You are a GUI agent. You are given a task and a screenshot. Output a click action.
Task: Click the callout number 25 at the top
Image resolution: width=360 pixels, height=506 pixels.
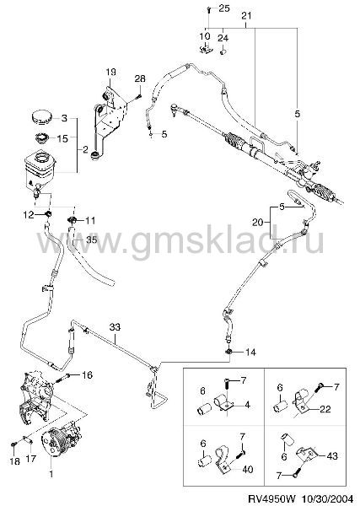tap(224, 8)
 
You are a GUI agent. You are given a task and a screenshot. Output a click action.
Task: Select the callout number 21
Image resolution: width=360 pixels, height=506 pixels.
tap(246, 15)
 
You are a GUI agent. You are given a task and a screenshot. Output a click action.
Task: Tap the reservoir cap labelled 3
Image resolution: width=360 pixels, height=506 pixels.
tap(41, 117)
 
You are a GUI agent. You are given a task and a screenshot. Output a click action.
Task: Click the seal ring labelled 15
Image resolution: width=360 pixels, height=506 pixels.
tap(41, 139)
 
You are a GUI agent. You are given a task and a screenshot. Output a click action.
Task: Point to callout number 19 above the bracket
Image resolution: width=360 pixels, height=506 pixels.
tap(110, 72)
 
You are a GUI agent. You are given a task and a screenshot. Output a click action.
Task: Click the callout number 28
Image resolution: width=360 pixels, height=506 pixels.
tap(140, 78)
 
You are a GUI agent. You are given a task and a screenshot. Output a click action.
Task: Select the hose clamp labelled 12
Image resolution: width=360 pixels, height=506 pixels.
tap(48, 213)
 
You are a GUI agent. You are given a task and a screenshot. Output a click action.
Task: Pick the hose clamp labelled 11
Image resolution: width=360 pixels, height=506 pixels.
tap(72, 220)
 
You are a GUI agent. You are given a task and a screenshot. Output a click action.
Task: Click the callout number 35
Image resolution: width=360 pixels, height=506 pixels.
tap(91, 240)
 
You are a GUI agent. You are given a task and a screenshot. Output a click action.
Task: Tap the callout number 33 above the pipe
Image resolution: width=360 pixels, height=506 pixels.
tap(115, 327)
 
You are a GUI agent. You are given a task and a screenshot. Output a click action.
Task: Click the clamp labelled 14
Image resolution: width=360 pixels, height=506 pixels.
tap(228, 351)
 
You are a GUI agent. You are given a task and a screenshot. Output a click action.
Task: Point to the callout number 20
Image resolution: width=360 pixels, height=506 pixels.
tap(258, 222)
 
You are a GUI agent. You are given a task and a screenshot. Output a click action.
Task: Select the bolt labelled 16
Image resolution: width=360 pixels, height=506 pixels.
tap(64, 377)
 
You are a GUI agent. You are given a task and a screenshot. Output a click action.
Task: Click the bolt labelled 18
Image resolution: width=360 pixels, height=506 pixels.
tap(13, 444)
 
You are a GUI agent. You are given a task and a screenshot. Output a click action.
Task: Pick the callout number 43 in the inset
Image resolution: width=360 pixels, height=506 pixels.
tap(332, 455)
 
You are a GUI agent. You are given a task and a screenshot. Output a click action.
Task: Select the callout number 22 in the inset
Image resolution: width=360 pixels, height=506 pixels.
tap(325, 409)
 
